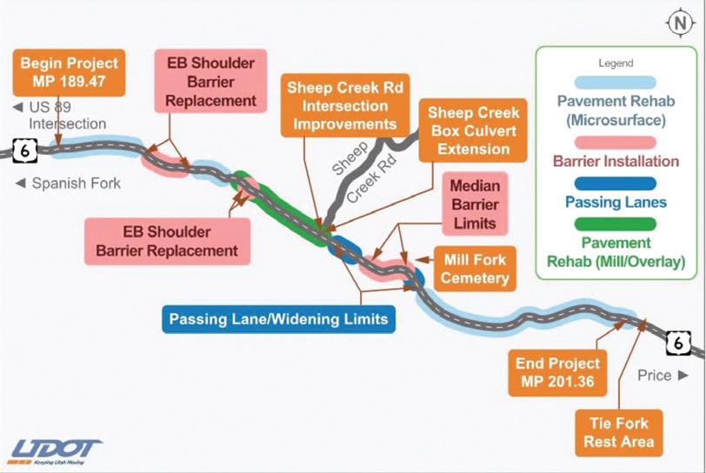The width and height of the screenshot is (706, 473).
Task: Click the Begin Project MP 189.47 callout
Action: point(70,72)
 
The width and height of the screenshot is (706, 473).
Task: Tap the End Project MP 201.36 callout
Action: point(557,371)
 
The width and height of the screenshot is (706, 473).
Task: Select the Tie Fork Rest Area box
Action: point(617,432)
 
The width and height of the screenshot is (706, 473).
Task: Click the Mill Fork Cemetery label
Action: point(475,270)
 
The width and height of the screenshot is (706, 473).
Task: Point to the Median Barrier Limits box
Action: point(474,205)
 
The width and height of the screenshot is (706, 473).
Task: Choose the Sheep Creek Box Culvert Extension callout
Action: point(473,130)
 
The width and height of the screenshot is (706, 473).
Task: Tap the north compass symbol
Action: point(678,24)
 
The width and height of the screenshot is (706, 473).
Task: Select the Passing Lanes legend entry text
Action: point(616,202)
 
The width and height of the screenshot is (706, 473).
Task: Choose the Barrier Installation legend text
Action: point(616,161)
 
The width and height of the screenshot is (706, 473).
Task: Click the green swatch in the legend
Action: point(616,223)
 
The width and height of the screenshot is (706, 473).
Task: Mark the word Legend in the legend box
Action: point(616,63)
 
